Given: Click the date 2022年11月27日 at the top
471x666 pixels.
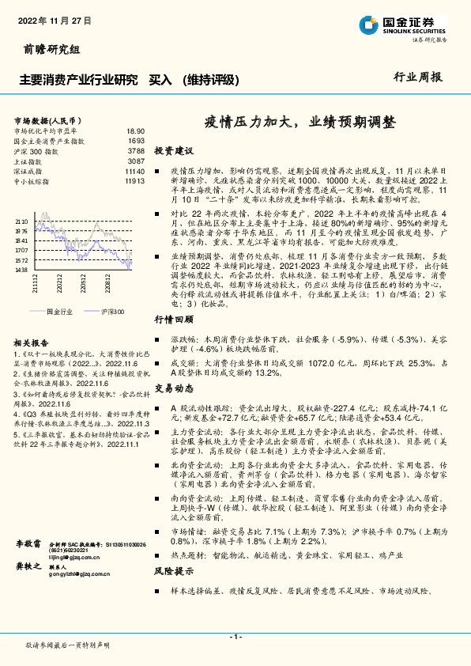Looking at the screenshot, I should (48, 21).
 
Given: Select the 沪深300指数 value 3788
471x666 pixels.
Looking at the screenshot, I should (136, 150).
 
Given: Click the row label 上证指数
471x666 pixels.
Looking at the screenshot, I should (29, 161).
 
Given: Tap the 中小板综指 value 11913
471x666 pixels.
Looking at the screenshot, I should (134, 181).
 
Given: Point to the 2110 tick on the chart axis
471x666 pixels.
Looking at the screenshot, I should (21, 222).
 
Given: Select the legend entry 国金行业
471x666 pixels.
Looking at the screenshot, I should (59, 312).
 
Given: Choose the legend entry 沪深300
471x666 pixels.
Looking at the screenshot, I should (111, 312).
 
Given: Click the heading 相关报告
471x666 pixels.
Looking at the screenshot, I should (29, 342).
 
